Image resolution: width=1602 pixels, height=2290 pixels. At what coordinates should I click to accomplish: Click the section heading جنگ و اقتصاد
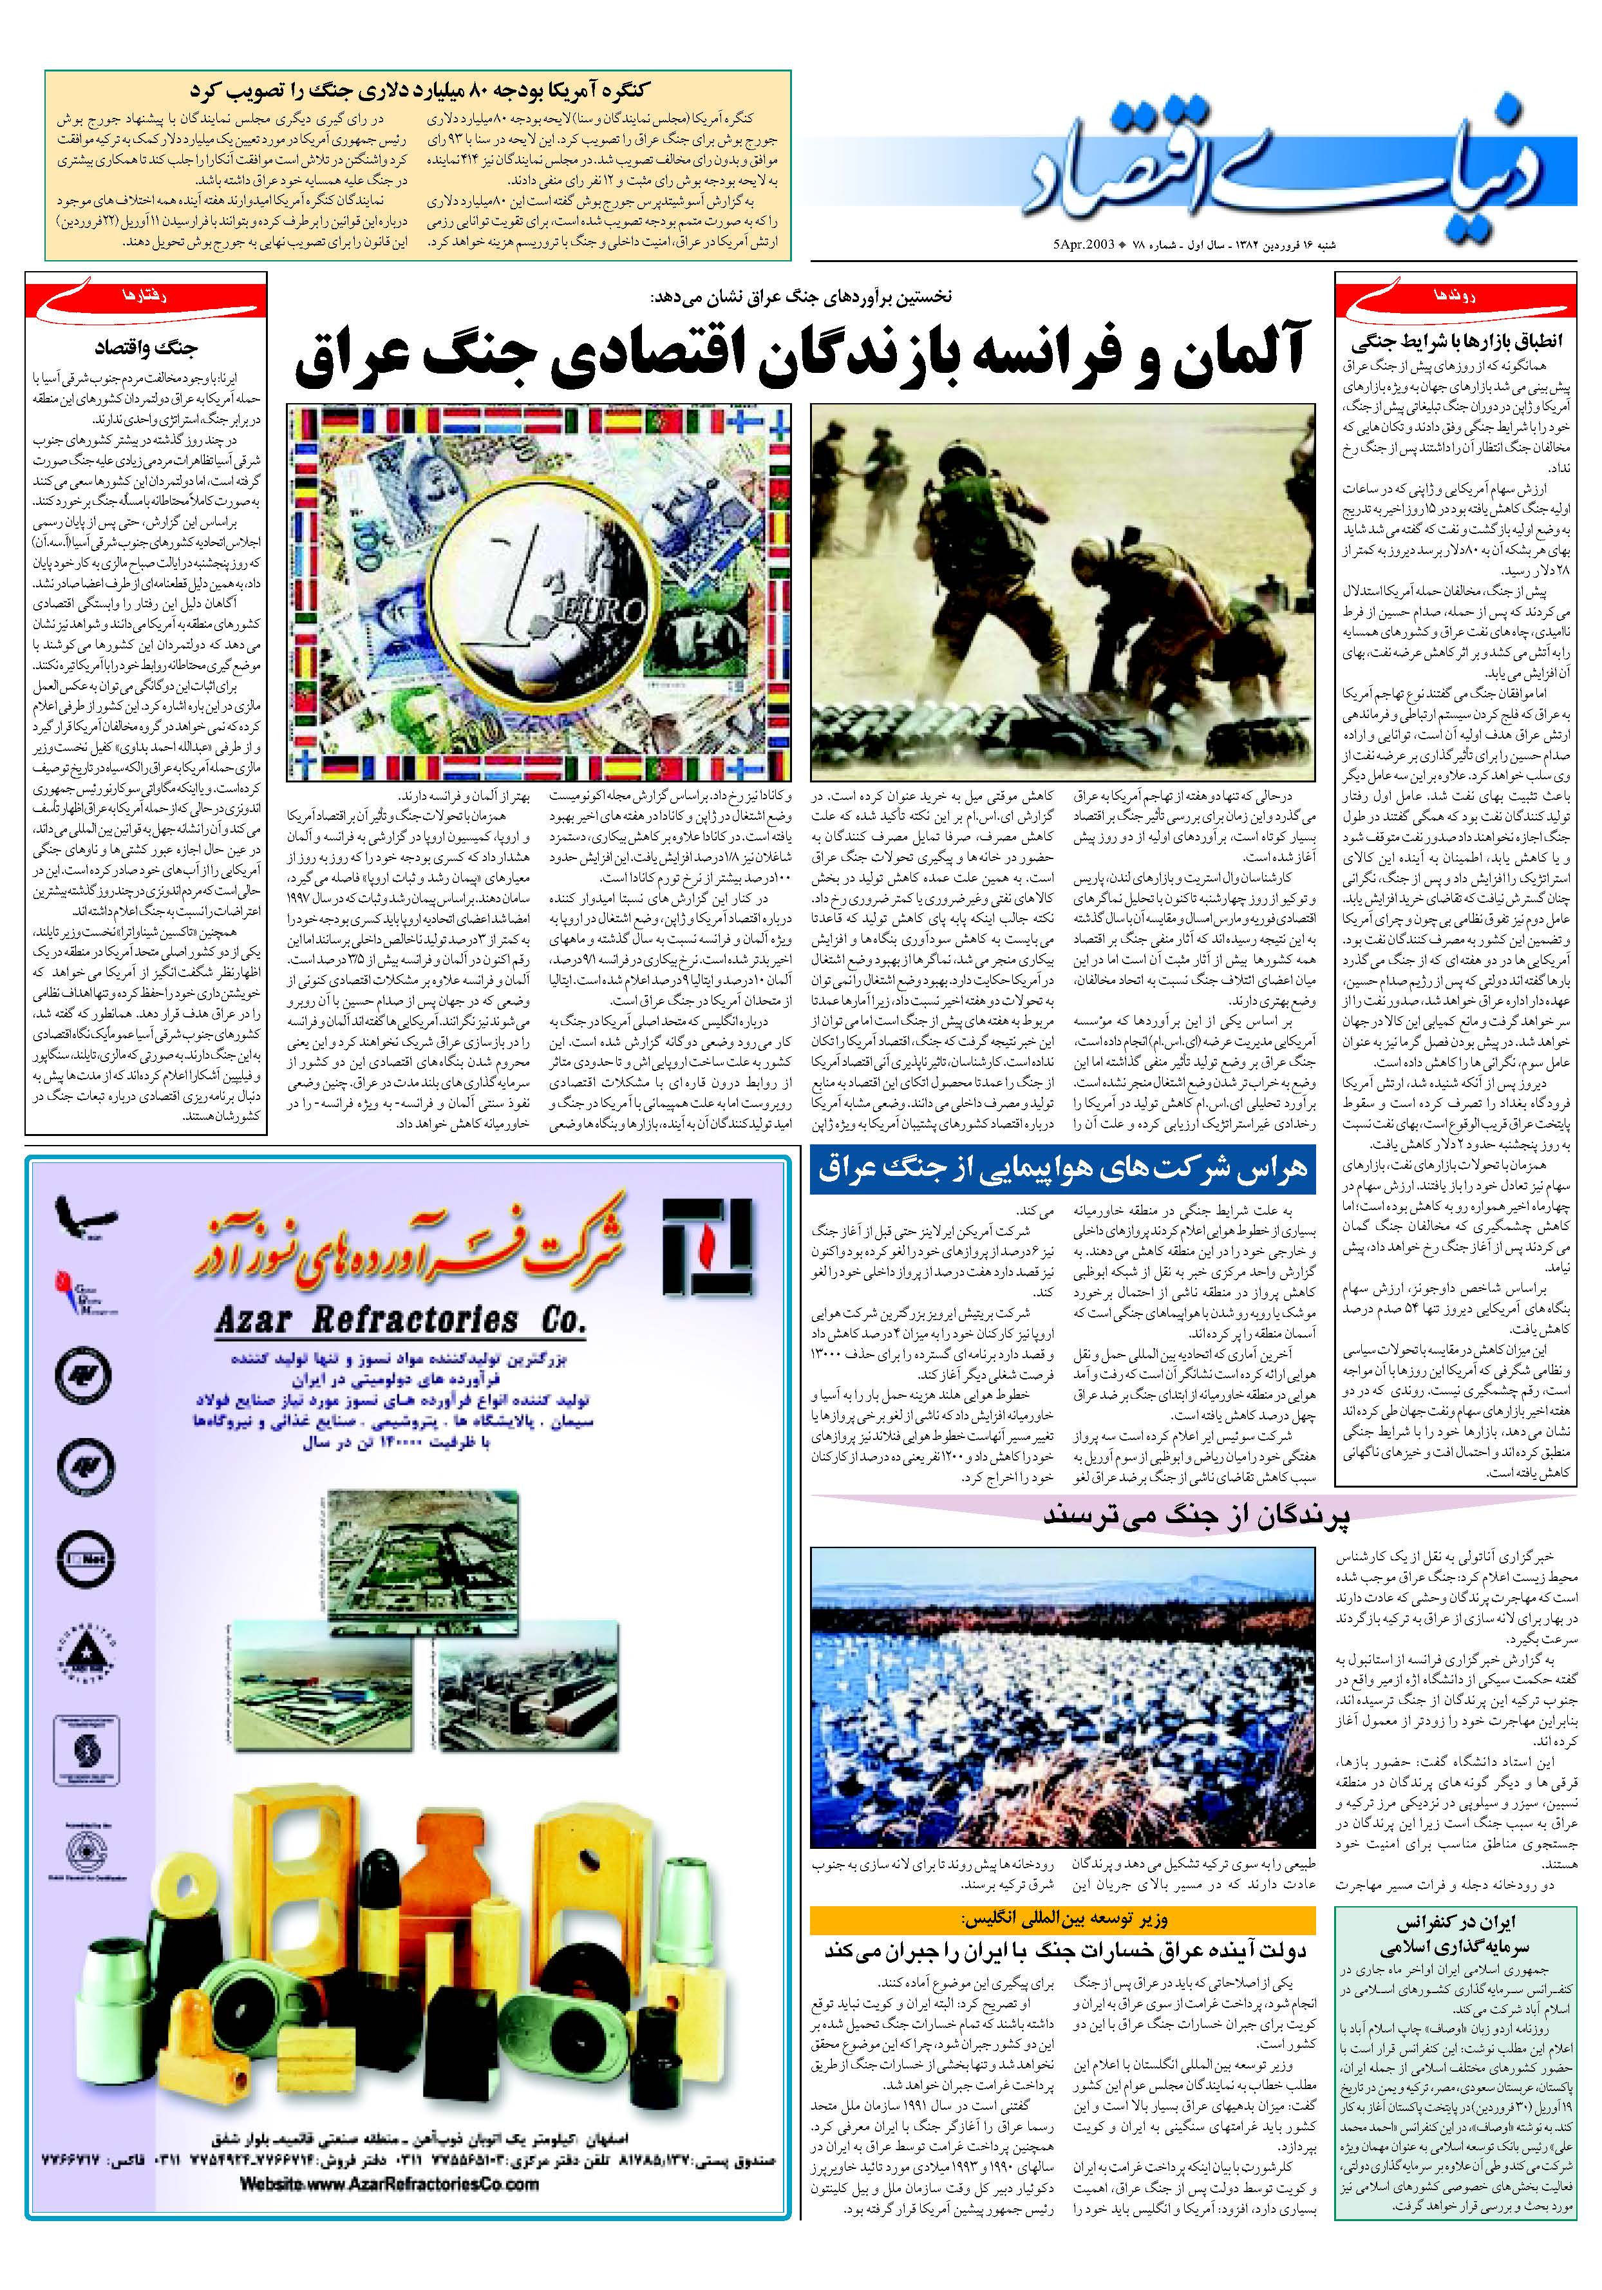(146, 349)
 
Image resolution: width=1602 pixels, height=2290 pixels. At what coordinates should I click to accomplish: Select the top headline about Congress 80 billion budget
(419, 87)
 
